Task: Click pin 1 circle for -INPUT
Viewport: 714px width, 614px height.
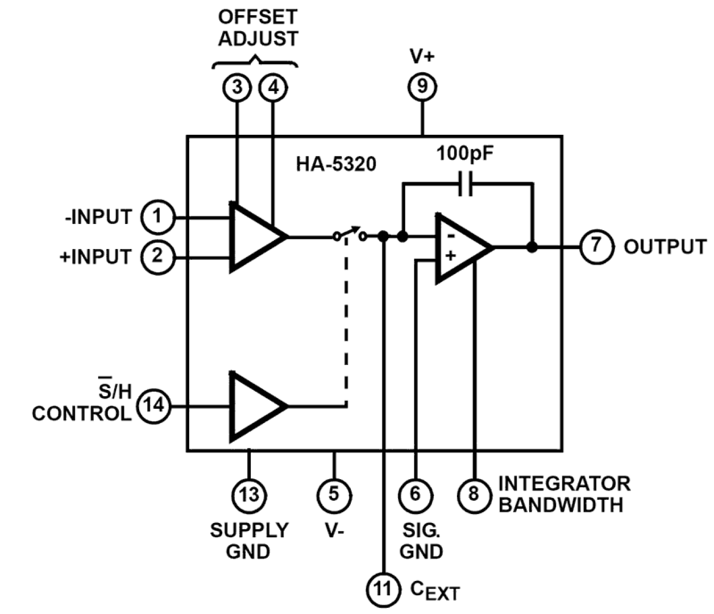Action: tap(157, 217)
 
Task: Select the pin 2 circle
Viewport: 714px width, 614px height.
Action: tap(157, 256)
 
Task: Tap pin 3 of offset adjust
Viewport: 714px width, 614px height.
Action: tap(236, 87)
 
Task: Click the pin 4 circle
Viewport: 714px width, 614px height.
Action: tap(273, 87)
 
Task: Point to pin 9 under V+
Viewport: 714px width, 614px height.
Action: tap(422, 87)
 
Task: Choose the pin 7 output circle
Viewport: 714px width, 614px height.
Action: tap(596, 246)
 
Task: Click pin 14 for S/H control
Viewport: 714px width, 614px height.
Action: tap(154, 406)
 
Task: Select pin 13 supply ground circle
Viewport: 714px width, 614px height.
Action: tap(249, 494)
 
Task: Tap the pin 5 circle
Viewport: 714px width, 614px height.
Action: tap(334, 493)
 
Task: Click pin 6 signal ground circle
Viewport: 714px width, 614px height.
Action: tap(416, 493)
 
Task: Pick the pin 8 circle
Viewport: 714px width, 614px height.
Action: tap(474, 493)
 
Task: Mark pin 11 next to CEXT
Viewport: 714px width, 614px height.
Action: tap(383, 588)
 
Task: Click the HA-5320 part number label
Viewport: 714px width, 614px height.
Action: tap(335, 164)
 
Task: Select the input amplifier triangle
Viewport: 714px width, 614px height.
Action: tap(254, 236)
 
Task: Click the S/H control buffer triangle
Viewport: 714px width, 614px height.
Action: tap(254, 406)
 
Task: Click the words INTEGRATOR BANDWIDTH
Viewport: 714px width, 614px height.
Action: tap(564, 494)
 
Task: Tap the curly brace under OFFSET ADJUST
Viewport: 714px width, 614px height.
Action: tap(255, 61)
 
